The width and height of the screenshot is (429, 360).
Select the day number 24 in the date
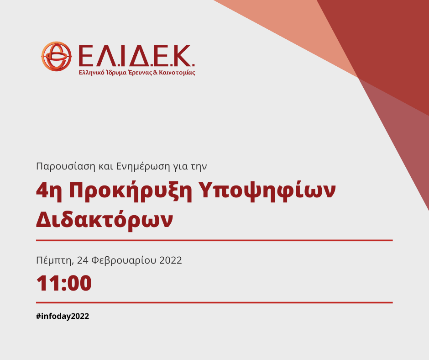click(83, 260)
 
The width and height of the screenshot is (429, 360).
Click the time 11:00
click(64, 283)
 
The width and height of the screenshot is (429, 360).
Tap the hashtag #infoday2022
click(62, 316)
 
